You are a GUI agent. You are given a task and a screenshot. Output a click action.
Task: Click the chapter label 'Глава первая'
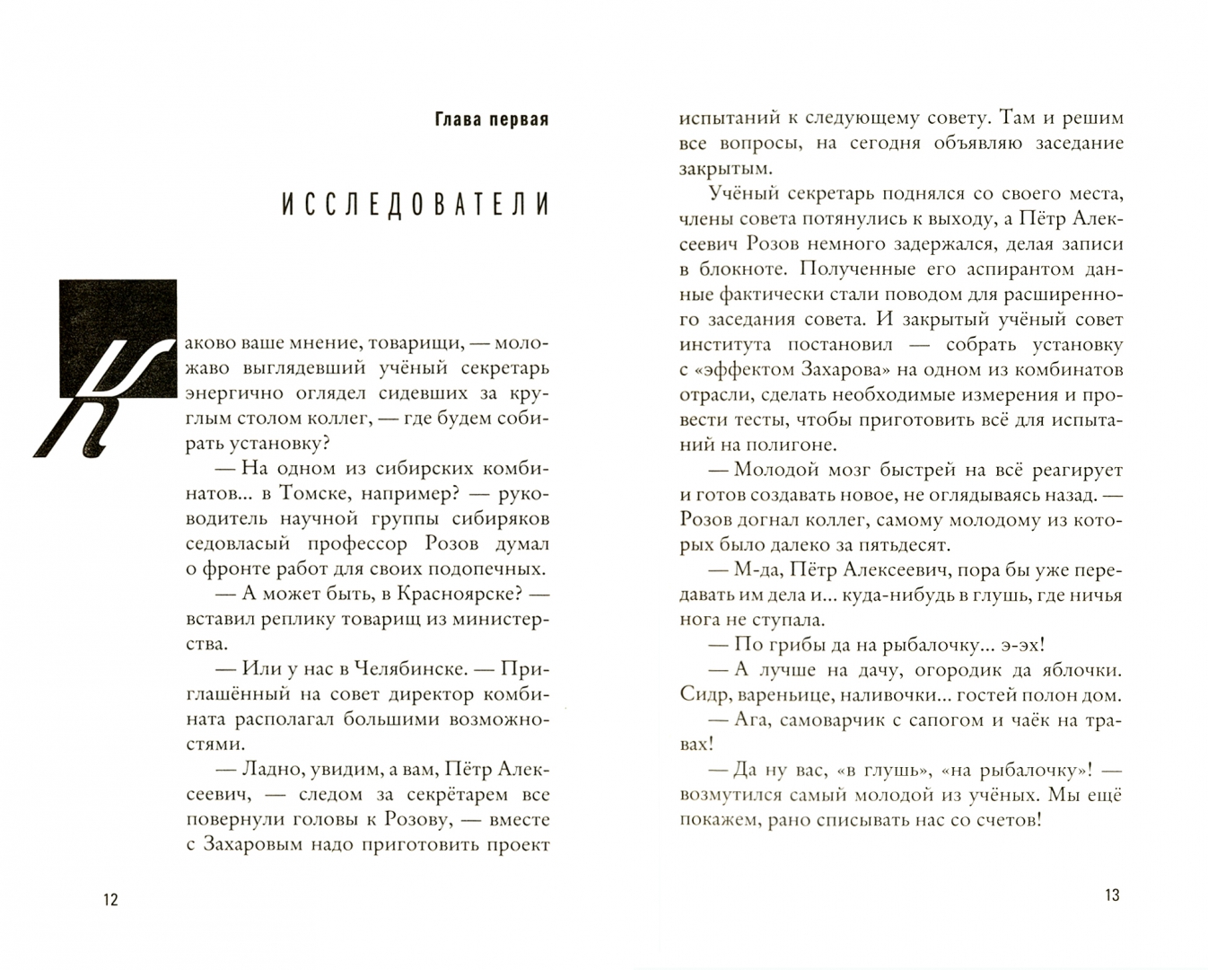click(x=491, y=119)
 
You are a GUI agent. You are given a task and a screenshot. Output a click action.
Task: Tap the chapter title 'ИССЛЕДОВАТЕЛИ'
click(x=415, y=206)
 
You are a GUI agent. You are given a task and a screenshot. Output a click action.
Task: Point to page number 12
click(x=110, y=900)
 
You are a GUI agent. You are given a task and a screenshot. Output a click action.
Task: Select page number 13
click(x=1113, y=895)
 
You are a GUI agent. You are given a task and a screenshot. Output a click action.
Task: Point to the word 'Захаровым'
click(x=256, y=845)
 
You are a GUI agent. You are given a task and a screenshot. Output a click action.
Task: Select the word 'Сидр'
click(x=703, y=694)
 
